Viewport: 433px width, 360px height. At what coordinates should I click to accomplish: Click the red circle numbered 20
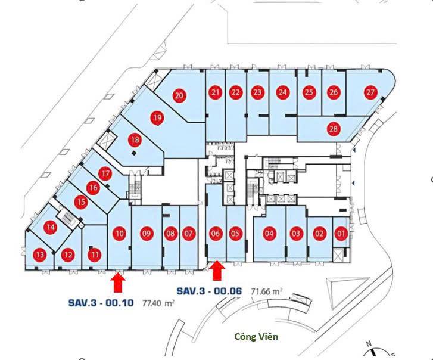pos(179,95)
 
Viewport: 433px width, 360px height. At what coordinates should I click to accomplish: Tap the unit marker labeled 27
pos(370,92)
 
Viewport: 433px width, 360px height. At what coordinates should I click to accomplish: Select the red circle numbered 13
pos(40,255)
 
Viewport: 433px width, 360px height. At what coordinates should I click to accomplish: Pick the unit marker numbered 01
pos(341,234)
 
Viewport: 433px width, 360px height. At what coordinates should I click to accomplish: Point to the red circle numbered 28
pos(334,129)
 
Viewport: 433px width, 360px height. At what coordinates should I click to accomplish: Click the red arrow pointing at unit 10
pos(118,282)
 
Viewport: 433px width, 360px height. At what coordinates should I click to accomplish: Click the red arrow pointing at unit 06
pos(218,271)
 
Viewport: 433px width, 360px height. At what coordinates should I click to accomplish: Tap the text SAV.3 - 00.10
pos(101,303)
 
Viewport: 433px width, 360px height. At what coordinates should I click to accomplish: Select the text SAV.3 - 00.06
pos(209,291)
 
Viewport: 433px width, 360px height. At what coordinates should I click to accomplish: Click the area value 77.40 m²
pos(158,303)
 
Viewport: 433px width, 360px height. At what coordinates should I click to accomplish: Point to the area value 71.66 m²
pos(266,291)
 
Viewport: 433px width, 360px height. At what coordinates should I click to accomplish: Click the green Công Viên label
pos(256,337)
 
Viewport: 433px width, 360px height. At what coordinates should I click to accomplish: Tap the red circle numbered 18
pos(135,140)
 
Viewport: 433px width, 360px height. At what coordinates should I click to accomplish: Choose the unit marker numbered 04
pos(269,234)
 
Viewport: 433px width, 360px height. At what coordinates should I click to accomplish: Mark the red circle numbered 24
pos(282,92)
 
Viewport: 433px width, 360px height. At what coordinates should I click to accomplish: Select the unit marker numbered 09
pos(147,234)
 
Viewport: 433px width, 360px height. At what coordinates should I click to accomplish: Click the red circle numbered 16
pos(94,188)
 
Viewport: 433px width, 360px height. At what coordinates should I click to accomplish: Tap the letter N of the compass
pos(369,345)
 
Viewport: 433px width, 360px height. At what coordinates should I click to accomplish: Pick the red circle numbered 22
pos(235,92)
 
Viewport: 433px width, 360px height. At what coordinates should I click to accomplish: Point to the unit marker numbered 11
pos(95,255)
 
